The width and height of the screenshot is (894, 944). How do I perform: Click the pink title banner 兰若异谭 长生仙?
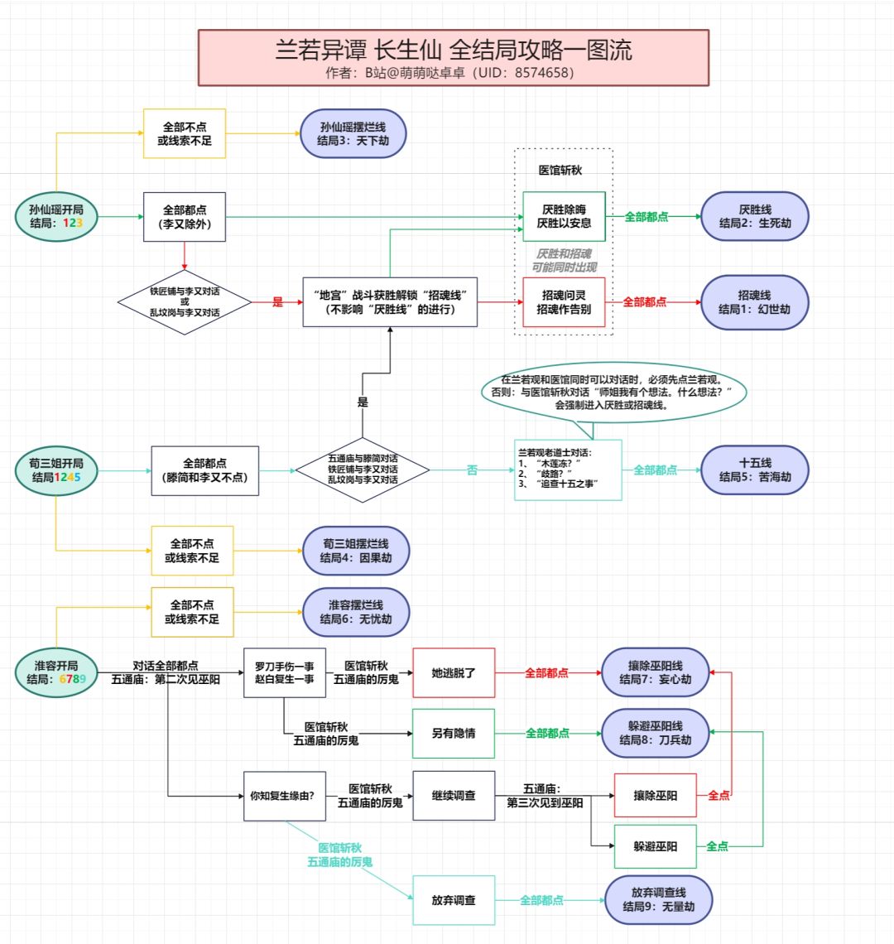point(454,57)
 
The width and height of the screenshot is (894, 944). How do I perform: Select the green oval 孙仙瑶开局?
point(56,217)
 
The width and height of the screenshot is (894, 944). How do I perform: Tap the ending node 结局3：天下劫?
point(353,134)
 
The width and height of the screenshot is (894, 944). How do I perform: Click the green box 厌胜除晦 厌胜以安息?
point(564,217)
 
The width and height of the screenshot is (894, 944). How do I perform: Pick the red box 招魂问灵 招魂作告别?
point(564,302)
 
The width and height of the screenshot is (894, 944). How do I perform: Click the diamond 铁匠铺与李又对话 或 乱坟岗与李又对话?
point(185,302)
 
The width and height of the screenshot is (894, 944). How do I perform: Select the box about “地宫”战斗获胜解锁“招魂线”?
point(390,302)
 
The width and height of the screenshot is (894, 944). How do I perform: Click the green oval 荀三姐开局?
point(56,470)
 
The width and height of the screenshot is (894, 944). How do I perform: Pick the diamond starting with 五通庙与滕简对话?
point(363,470)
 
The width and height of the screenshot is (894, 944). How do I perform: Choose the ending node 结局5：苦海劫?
point(754,470)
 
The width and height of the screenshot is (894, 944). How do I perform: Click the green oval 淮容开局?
point(56,672)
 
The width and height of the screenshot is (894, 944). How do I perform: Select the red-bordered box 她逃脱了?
point(454,672)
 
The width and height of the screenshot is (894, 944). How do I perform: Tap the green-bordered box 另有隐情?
point(454,733)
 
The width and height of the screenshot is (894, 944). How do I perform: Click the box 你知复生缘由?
point(285,796)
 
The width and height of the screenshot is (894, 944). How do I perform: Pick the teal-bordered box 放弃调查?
point(454,900)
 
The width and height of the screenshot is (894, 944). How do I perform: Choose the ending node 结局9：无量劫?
point(659,900)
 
